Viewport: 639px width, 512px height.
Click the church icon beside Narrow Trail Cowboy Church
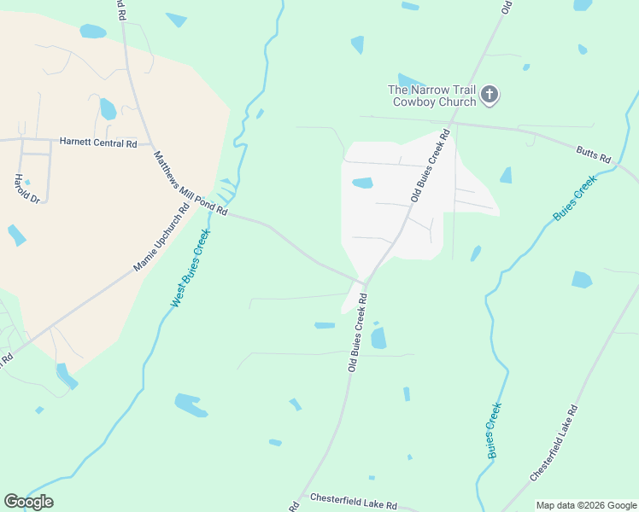click(490, 95)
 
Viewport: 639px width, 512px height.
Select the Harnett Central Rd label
click(97, 143)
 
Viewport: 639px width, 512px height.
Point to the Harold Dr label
click(26, 189)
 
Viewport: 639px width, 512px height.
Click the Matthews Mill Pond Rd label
click(191, 183)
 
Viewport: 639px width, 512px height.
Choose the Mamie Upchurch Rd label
click(161, 238)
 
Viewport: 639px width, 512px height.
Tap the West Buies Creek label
click(191, 267)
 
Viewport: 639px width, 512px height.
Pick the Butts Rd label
click(594, 154)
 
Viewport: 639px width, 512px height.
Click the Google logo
click(28, 502)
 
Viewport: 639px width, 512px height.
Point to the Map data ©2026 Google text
click(585, 505)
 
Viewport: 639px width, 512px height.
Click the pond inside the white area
click(363, 183)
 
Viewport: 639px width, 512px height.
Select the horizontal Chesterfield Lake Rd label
click(354, 501)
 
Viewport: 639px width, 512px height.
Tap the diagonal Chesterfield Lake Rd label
click(554, 441)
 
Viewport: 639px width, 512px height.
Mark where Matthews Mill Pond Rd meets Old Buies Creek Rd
click(365, 282)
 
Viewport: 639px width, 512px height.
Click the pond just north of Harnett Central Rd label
click(108, 108)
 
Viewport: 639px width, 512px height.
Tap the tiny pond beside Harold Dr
click(27, 182)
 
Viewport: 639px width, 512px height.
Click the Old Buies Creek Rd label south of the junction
click(357, 333)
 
